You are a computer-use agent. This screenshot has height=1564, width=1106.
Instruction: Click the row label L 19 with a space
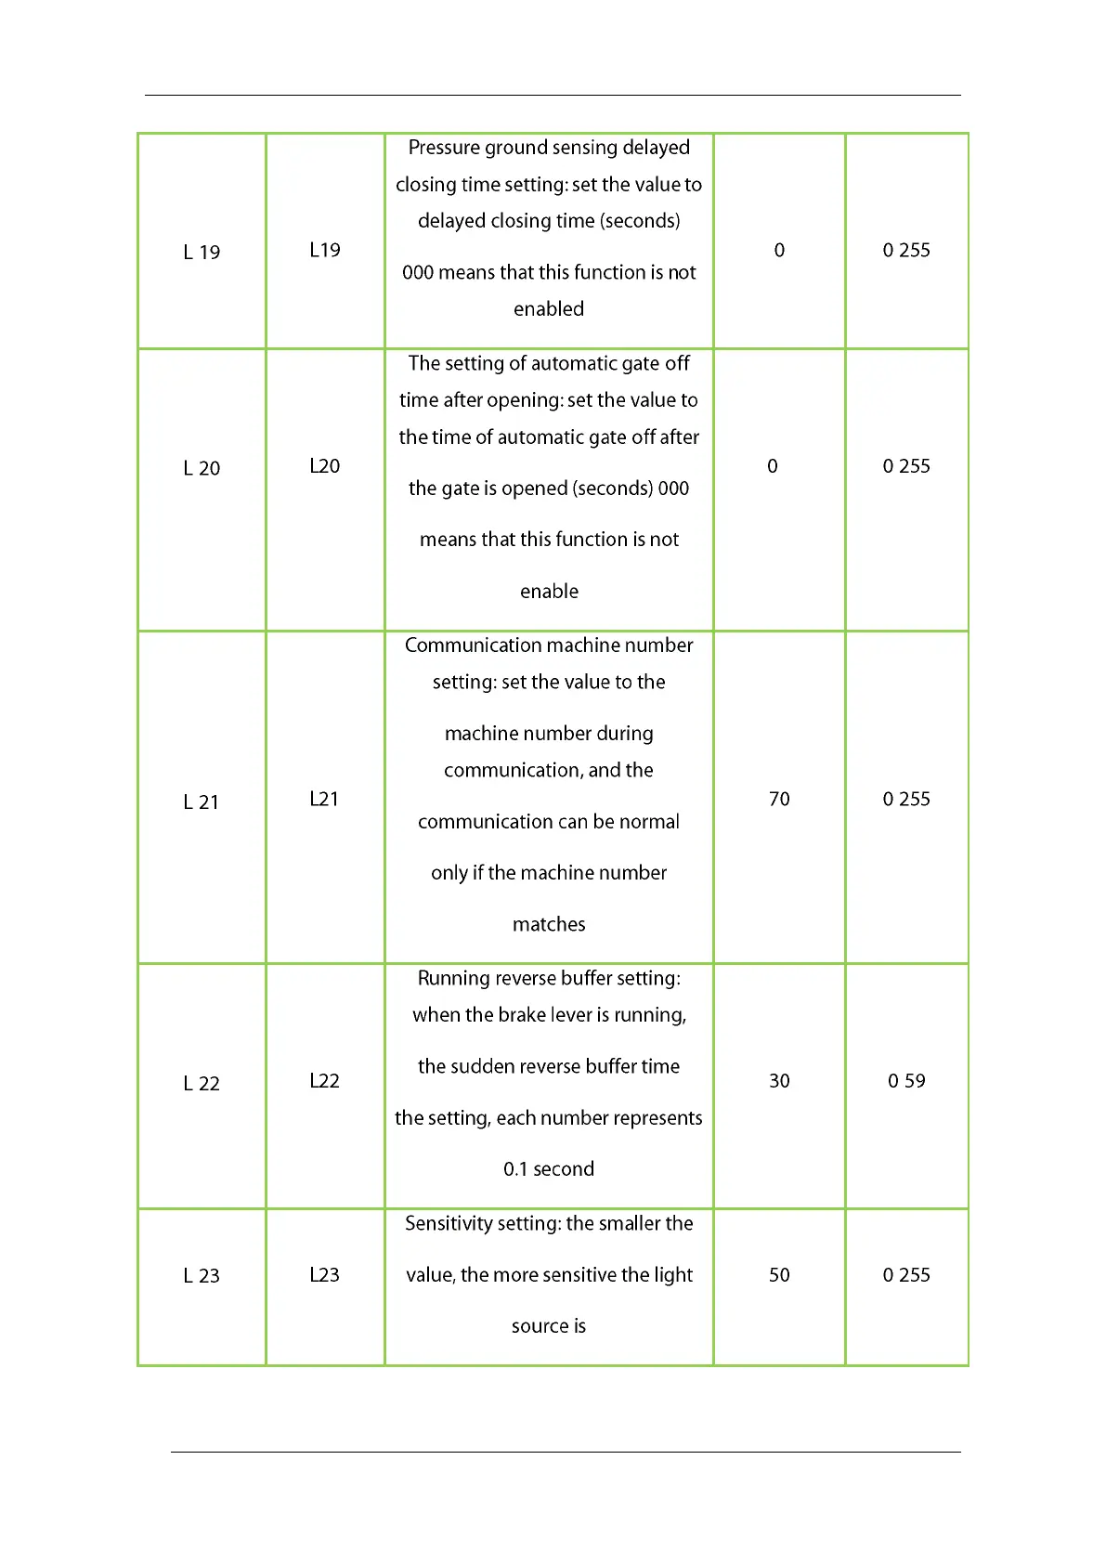tap(202, 253)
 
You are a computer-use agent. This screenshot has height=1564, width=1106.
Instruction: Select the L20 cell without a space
tap(324, 466)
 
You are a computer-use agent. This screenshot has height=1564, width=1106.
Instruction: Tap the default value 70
tap(779, 800)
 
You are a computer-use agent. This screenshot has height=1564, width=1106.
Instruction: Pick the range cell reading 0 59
tap(906, 1081)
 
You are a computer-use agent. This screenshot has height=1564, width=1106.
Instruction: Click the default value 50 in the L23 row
tap(779, 1275)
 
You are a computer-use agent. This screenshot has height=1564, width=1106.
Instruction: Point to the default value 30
tap(779, 1081)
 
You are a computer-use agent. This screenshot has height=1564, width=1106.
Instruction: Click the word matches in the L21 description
tap(549, 925)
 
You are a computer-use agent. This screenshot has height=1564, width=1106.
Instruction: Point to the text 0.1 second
tap(549, 1169)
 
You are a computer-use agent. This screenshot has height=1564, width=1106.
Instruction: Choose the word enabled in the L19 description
tap(549, 309)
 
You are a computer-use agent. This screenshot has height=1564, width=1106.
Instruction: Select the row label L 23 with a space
tap(202, 1276)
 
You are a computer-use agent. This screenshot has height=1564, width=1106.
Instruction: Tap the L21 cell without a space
tap(324, 800)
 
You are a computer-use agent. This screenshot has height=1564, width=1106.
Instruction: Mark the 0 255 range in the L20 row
tap(906, 466)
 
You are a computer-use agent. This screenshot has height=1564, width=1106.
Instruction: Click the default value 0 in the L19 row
tap(779, 251)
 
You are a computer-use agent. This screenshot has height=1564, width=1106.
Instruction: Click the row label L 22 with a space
tap(202, 1084)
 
